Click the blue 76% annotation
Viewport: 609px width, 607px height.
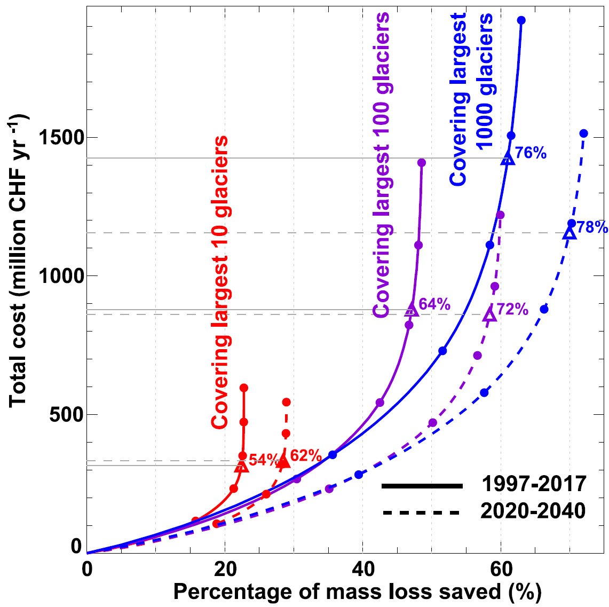coord(531,153)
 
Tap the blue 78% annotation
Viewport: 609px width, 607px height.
coord(592,227)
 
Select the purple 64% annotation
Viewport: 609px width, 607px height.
coord(434,304)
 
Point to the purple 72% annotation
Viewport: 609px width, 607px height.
coord(512,309)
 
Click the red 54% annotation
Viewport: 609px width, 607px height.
coord(263,460)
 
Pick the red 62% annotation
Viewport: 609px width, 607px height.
coord(306,456)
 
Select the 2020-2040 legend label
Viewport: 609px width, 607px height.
coord(534,511)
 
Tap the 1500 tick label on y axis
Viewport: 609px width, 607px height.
coord(64,138)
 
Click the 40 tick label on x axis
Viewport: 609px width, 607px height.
coord(362,568)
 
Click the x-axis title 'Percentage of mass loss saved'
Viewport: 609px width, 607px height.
coord(357,592)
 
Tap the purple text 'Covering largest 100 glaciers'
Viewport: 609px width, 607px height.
coord(381,165)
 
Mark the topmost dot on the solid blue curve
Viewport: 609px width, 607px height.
coord(521,20)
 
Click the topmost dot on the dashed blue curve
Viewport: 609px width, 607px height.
coord(583,133)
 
